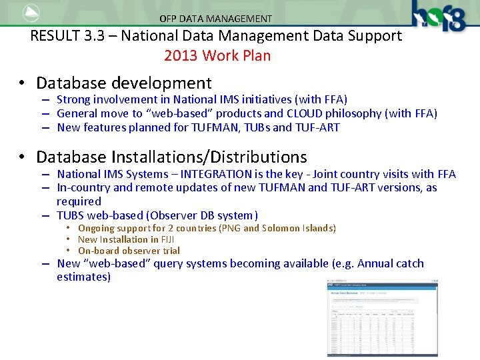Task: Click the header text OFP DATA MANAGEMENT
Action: click(x=215, y=19)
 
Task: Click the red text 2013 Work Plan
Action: click(x=217, y=55)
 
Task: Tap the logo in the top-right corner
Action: click(x=439, y=16)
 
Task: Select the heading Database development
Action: click(x=123, y=83)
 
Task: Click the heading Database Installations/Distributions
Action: click(x=171, y=157)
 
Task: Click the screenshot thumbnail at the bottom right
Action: click(x=383, y=317)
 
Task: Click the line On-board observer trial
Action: click(x=129, y=251)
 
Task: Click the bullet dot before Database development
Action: click(x=23, y=83)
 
